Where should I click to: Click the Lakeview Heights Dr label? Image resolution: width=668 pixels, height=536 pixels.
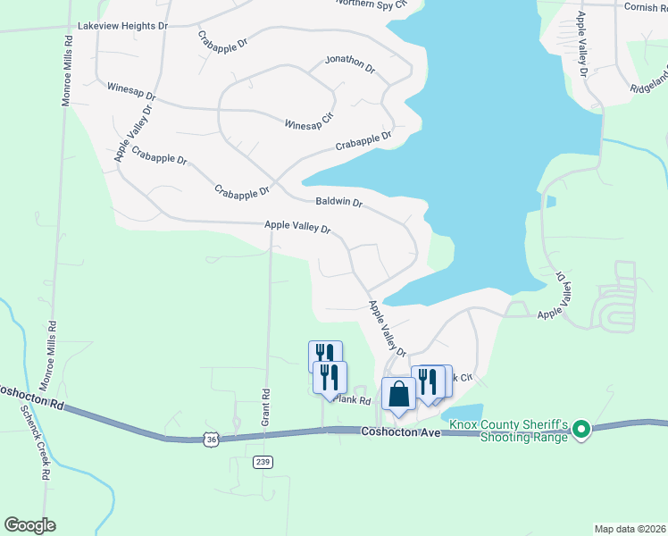point(122,27)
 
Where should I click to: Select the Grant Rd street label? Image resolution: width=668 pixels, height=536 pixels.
point(265,393)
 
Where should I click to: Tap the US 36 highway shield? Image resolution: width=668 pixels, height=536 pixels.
point(210,440)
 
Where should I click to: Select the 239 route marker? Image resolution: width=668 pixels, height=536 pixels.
point(262,462)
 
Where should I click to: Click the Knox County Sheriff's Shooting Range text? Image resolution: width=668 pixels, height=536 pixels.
point(508,431)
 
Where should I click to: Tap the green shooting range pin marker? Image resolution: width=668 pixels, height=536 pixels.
point(581,431)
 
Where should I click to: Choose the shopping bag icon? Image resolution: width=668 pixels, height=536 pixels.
point(397,395)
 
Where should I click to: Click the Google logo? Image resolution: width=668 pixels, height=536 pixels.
point(29,525)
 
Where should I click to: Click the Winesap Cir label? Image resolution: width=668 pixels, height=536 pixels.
point(308,125)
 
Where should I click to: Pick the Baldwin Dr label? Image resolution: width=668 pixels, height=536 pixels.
point(338,203)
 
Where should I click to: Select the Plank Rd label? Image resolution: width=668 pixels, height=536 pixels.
point(353,401)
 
